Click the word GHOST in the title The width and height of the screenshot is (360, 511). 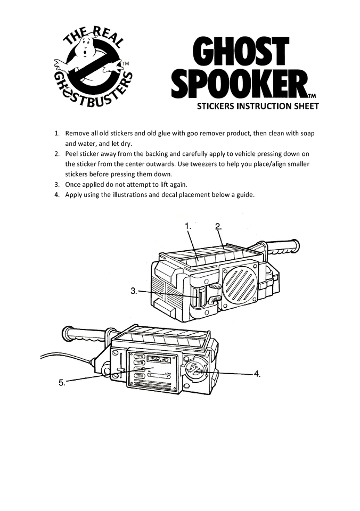[241, 55]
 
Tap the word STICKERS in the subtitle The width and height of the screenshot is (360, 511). [217, 106]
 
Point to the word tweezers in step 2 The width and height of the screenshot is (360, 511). [200, 164]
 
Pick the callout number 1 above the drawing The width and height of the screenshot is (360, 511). [188, 226]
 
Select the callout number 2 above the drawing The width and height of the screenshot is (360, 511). [218, 226]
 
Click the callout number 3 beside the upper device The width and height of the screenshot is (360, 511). [134, 291]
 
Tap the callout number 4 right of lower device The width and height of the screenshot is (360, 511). [257, 374]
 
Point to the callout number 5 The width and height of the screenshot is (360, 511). [62, 382]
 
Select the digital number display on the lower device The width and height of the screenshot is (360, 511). [159, 359]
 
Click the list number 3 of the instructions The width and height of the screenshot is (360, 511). [57, 184]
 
